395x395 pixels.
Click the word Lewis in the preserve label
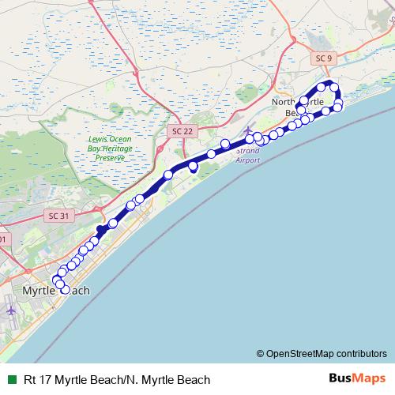pos(98,139)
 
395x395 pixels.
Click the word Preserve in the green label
pos(111,158)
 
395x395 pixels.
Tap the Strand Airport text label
pos(248,155)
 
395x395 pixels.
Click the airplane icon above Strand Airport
pos(250,130)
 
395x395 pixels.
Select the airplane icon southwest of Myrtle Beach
pos(11,310)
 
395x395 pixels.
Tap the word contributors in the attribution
pos(360,353)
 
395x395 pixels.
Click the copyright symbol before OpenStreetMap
pos(260,353)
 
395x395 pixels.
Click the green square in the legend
pos(10,379)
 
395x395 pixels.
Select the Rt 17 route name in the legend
pos(117,379)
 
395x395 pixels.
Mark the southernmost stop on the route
pos(66,290)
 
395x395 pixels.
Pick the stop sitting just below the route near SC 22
pos(193,167)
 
